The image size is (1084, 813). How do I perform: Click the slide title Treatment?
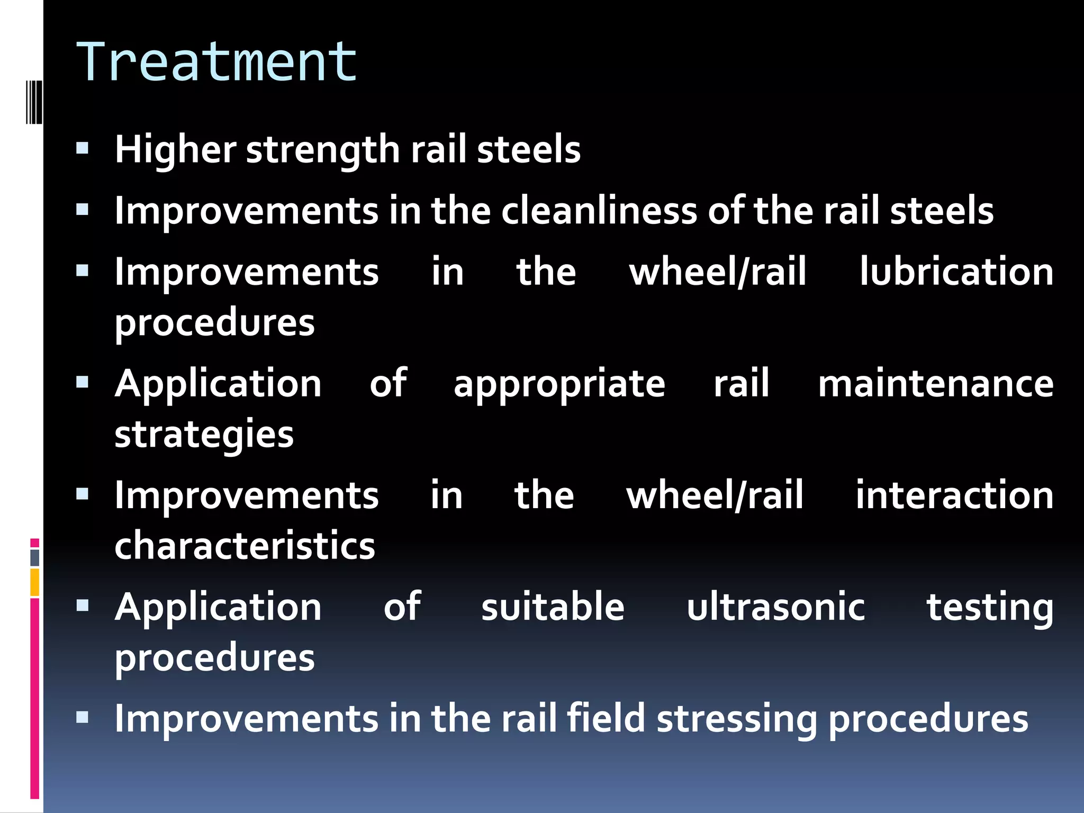tap(217, 62)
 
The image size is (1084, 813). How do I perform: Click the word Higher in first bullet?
tap(175, 150)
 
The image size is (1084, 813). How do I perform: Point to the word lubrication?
tap(956, 272)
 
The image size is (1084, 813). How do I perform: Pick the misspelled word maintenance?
tap(935, 384)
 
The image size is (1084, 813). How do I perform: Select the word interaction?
tap(954, 495)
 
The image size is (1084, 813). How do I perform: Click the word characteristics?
tap(245, 546)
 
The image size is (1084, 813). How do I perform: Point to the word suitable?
tap(553, 607)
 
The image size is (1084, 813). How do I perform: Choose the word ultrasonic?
tap(775, 607)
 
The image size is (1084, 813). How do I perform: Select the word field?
tap(606, 719)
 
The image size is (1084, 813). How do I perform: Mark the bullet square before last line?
tap(82, 717)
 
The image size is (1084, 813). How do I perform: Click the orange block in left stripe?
tap(34, 582)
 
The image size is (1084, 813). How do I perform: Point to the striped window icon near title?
tap(34, 102)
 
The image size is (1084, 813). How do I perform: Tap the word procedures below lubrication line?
tap(214, 323)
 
